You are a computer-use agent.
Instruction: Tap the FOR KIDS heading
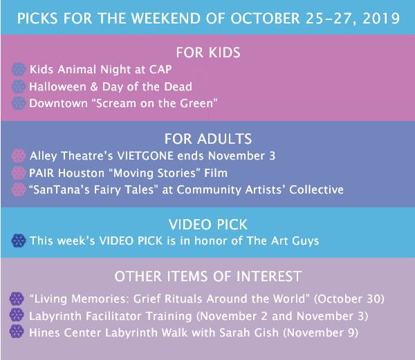[x=208, y=53]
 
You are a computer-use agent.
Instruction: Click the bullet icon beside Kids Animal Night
[x=19, y=70]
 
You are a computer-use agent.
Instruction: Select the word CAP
[x=160, y=70]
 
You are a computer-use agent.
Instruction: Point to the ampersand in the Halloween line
[x=94, y=86]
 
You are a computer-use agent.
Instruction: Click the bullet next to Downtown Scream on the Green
[x=19, y=103]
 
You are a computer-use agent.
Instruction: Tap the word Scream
[x=116, y=104]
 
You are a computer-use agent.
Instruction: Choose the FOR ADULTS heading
[x=208, y=139]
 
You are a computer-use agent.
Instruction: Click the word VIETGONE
[x=145, y=155]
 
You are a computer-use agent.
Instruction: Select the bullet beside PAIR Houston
[x=19, y=173]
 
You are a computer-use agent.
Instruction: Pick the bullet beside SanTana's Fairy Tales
[x=19, y=190]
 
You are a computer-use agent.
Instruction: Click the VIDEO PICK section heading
[x=208, y=225]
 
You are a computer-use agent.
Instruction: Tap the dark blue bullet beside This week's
[x=19, y=240]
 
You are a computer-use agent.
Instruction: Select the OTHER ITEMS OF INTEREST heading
[x=208, y=276]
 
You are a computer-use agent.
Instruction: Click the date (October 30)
[x=349, y=299]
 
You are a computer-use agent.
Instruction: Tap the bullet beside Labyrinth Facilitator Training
[x=17, y=315]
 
